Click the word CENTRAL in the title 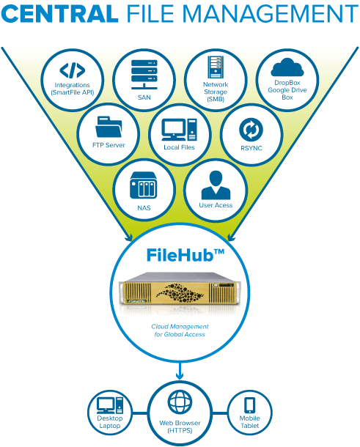pyautogui.click(x=59, y=13)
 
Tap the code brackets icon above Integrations pyautogui.click(x=72, y=70)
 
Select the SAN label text pyautogui.click(x=144, y=97)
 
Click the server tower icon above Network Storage pyautogui.click(x=216, y=67)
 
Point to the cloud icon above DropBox pyautogui.click(x=287, y=67)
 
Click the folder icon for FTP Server pyautogui.click(x=109, y=127)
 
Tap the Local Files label pyautogui.click(x=179, y=147)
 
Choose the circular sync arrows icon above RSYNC pyautogui.click(x=251, y=130)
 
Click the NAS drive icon pyautogui.click(x=144, y=185)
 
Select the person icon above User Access pyautogui.click(x=216, y=185)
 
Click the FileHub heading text pyautogui.click(x=185, y=255)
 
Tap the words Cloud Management pyautogui.click(x=180, y=326)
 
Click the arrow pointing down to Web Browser pyautogui.click(x=180, y=371)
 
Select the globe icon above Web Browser pyautogui.click(x=180, y=402)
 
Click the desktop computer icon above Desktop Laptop pyautogui.click(x=110, y=405)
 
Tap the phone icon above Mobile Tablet pyautogui.click(x=249, y=405)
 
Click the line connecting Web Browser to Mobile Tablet pyautogui.click(x=220, y=413)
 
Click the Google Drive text pyautogui.click(x=287, y=90)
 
